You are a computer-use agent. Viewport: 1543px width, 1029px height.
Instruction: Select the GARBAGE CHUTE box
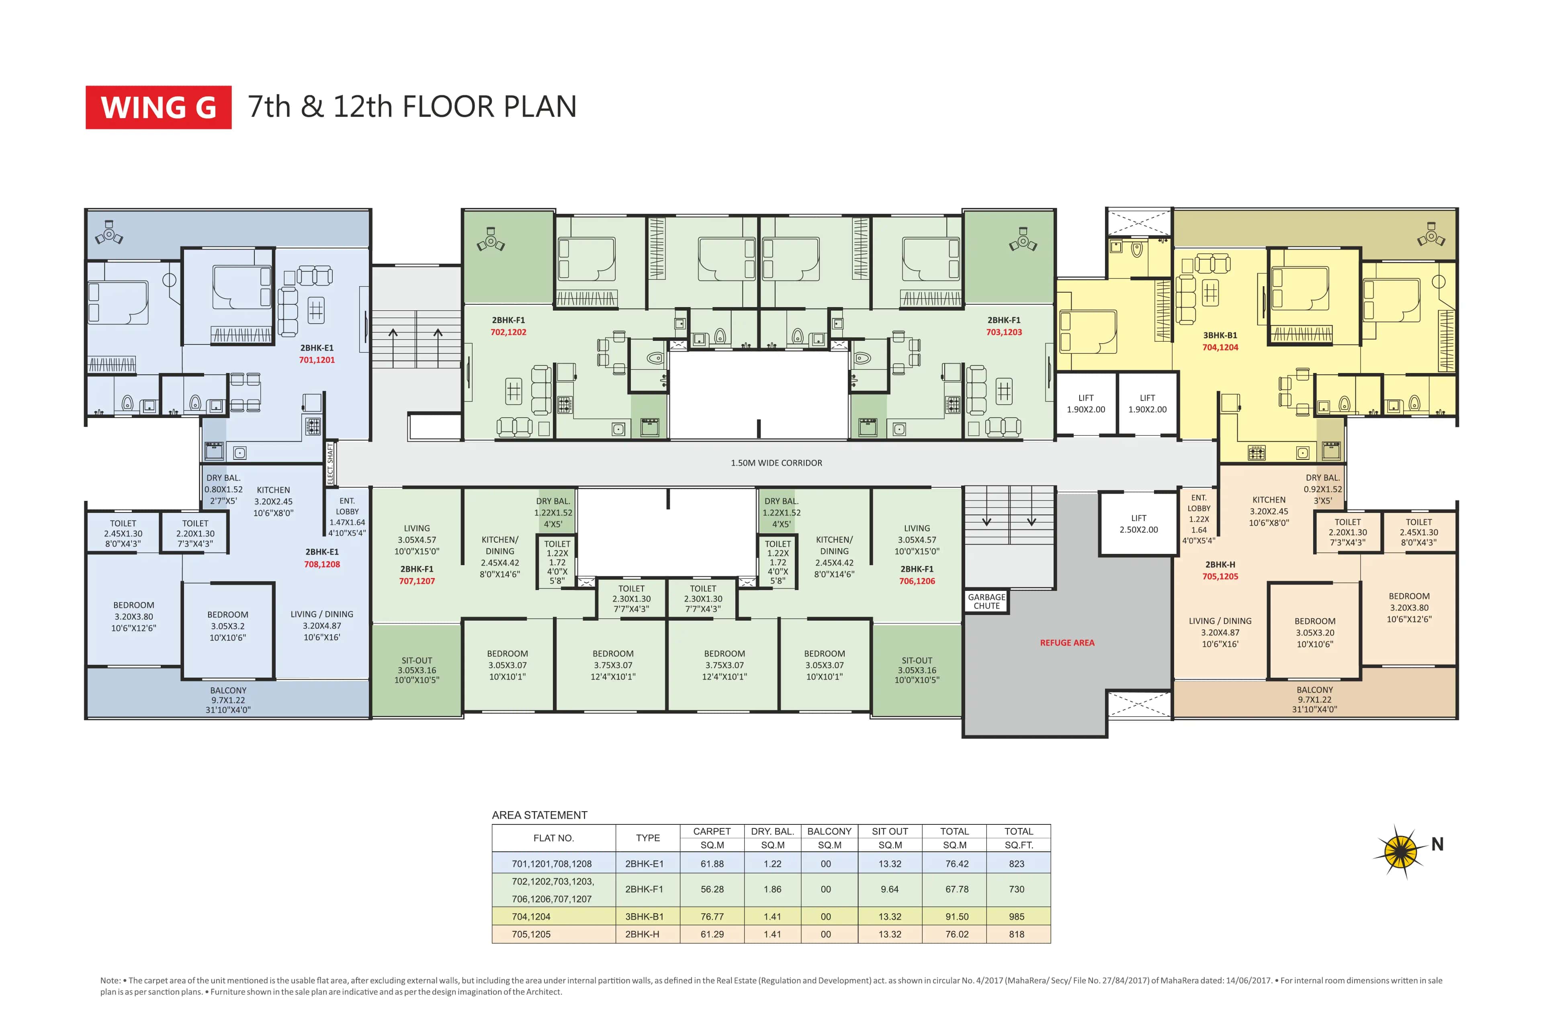(x=986, y=602)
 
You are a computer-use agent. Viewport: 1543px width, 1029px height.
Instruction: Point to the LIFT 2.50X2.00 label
(x=1139, y=524)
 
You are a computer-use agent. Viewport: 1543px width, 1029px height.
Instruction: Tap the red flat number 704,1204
(x=1220, y=348)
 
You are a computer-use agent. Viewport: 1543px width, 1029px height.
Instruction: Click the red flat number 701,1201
(x=317, y=360)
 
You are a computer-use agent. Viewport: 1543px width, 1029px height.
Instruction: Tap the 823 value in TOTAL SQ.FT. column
(x=1016, y=864)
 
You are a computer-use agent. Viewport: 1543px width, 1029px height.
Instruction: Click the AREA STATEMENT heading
(x=539, y=815)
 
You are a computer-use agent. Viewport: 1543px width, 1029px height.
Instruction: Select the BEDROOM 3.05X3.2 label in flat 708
(x=228, y=626)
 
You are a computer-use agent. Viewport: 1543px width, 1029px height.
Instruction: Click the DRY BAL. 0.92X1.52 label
(x=1322, y=489)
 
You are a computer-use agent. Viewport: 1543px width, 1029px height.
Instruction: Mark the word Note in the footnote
(x=110, y=980)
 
